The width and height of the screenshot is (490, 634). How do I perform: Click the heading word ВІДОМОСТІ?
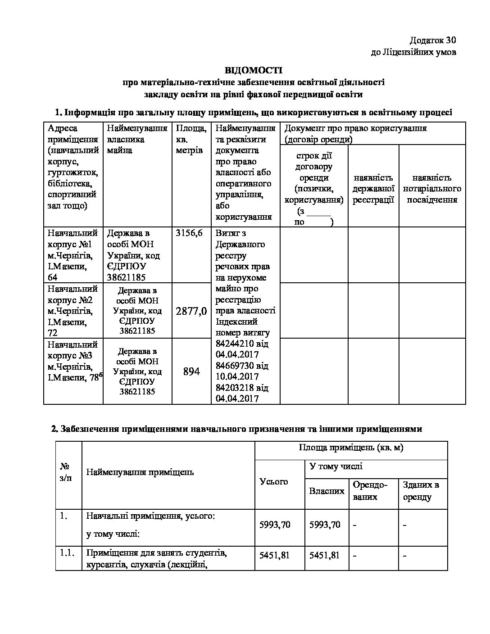coord(253,70)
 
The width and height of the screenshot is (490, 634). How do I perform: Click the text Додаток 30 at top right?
coord(433,41)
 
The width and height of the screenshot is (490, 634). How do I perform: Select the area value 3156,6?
coord(189,233)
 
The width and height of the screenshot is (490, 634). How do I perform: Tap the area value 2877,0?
coord(191,311)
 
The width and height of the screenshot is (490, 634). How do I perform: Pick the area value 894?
coord(191,371)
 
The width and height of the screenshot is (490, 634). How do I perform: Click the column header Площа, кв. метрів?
coord(191,139)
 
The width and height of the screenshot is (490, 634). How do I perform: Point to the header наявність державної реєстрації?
coord(373,189)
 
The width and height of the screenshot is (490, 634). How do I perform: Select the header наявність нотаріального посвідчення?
coord(432,189)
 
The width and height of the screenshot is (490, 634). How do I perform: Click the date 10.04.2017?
coord(237,376)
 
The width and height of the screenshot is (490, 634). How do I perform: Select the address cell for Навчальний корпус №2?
coord(73,311)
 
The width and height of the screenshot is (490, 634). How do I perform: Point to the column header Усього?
coord(274,482)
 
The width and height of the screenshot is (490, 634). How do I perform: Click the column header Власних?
coord(327,491)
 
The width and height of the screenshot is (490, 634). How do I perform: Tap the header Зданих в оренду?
coord(421,491)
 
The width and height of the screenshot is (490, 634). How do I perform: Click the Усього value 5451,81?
coord(275,555)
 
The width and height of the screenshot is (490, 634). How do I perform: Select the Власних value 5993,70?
coord(325,525)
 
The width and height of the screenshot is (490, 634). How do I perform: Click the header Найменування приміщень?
coord(140,472)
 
